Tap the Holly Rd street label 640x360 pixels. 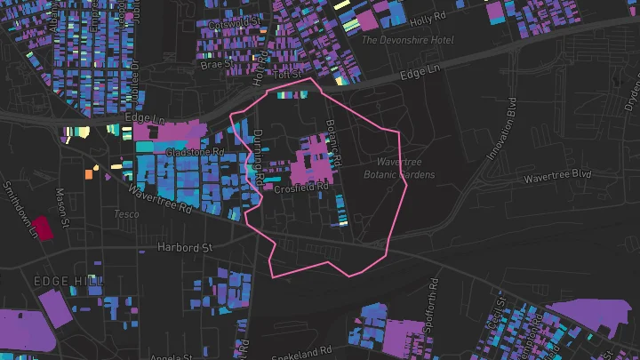(427, 19)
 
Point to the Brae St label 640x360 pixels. (215, 64)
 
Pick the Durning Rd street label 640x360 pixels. (258, 157)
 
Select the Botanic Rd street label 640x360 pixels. (333, 142)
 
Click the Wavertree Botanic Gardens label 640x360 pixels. (399, 169)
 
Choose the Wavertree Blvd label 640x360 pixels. (557, 175)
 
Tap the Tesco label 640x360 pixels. (126, 214)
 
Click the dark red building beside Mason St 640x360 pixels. (44, 225)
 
